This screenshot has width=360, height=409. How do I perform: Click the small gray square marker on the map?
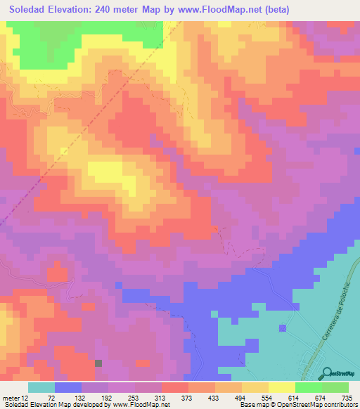point(98,363)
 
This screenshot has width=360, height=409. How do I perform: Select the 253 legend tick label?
point(134,397)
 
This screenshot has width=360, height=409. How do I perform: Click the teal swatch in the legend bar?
point(41,387)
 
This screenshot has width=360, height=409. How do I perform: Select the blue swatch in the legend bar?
point(68,387)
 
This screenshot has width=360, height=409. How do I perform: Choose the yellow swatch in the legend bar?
point(281,387)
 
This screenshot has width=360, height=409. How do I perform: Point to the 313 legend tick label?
point(161,397)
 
